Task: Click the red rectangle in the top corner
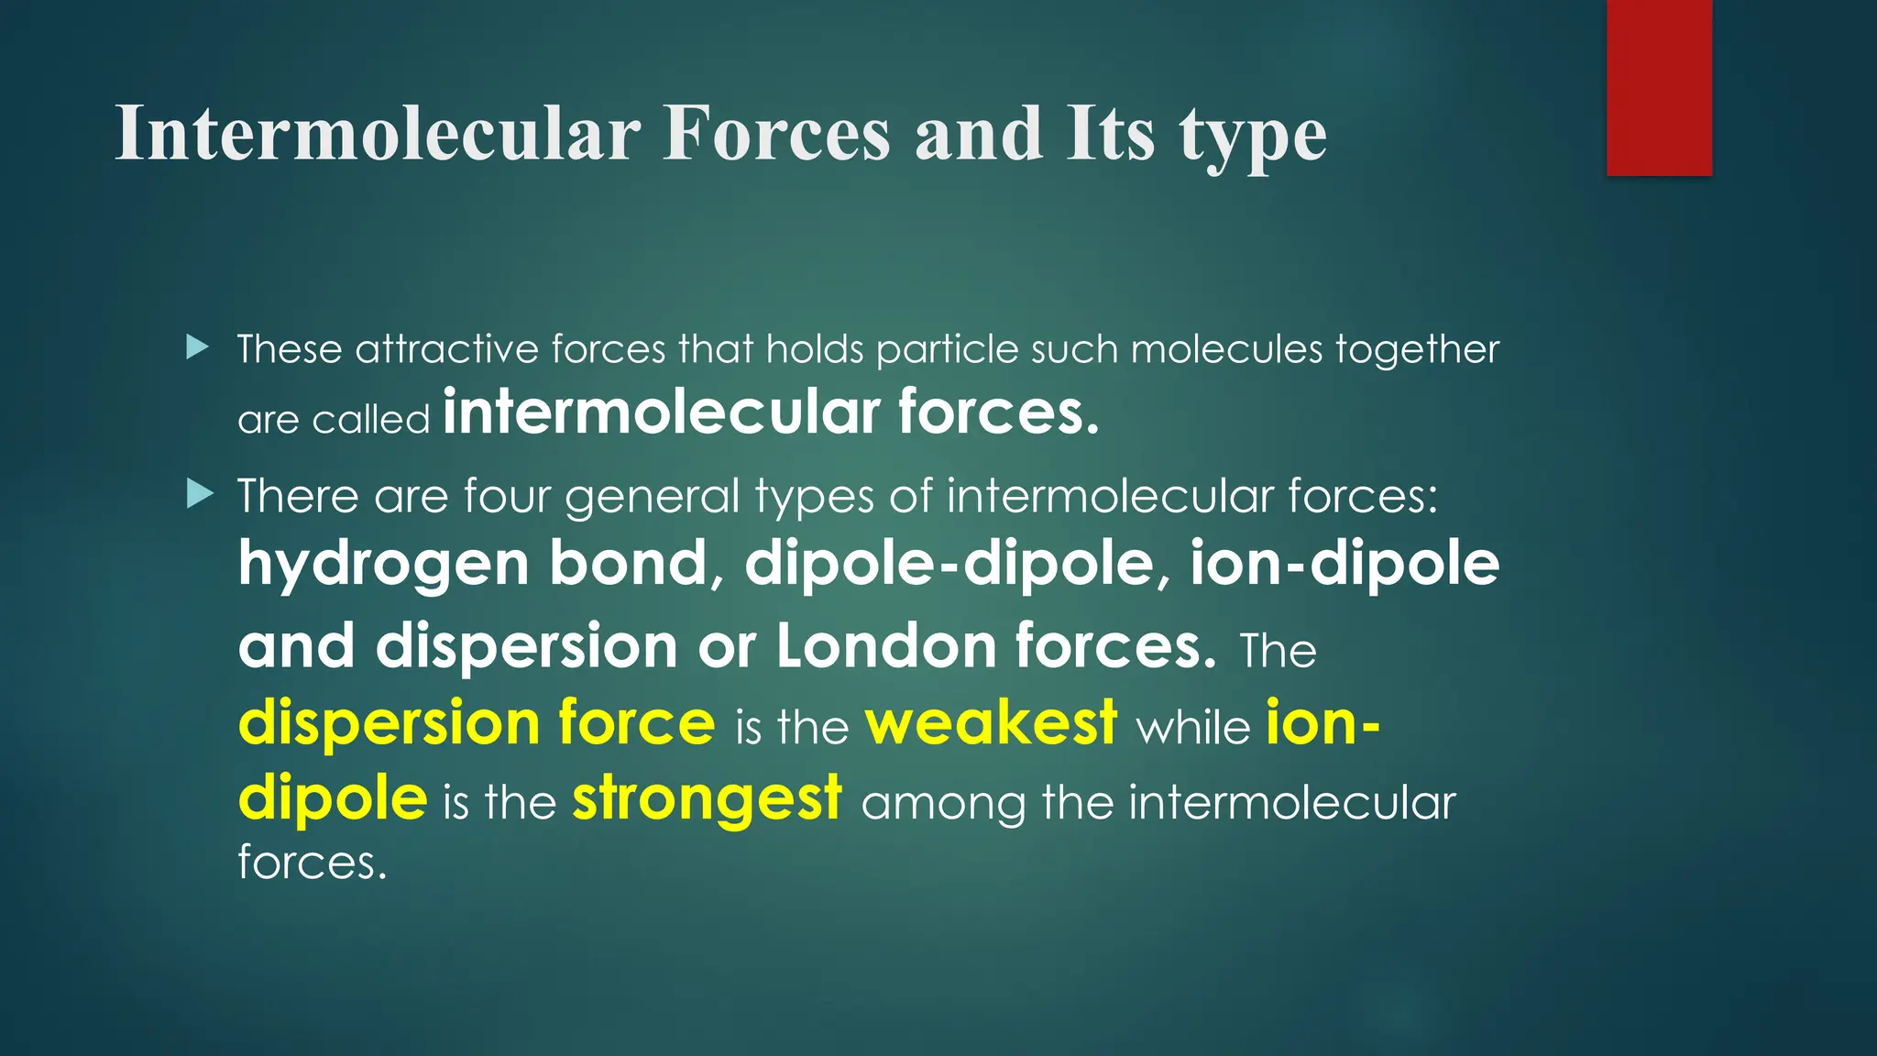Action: [x=1659, y=87]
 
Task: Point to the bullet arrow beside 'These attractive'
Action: [x=197, y=347]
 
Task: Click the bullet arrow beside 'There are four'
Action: [x=199, y=495]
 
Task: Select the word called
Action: [x=370, y=419]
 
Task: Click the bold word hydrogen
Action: [x=383, y=564]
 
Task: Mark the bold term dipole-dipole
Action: [x=949, y=564]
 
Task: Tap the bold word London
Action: [x=885, y=645]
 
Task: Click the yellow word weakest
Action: [x=991, y=723]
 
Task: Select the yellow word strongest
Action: [x=707, y=798]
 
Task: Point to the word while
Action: [x=1192, y=728]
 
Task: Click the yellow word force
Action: [x=636, y=723]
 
